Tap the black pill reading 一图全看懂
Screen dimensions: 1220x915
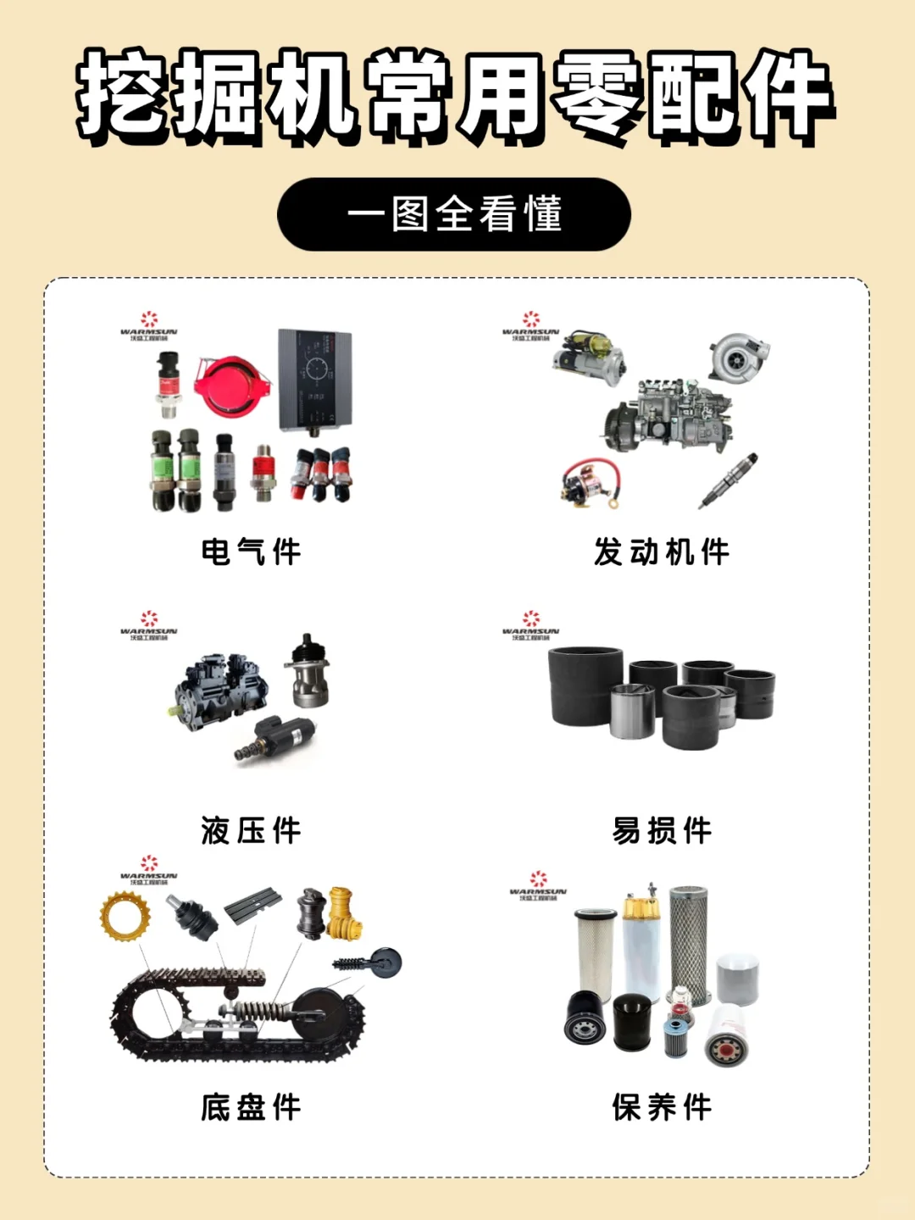point(454,214)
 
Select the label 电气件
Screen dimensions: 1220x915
point(252,552)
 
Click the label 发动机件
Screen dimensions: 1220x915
point(662,552)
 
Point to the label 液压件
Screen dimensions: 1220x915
point(252,831)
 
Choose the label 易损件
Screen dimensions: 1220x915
point(662,831)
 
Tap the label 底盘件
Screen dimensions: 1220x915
point(252,1107)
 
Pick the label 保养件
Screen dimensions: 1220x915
point(662,1107)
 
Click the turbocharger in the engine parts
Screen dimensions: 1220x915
point(739,357)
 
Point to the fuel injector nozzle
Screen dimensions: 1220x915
point(729,480)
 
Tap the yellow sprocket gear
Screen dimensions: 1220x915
point(125,917)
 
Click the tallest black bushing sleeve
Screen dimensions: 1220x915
point(585,685)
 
